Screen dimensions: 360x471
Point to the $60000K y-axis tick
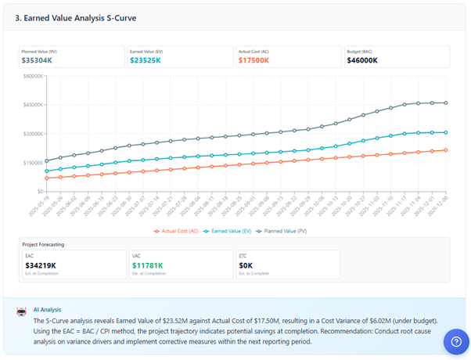[x=31, y=76]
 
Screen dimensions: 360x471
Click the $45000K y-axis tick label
[x=31, y=105]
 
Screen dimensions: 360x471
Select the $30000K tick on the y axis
[x=31, y=134]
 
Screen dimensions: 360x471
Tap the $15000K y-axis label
[x=31, y=163]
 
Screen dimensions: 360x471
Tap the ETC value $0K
[x=245, y=265]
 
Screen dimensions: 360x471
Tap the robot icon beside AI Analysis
[x=23, y=311]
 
